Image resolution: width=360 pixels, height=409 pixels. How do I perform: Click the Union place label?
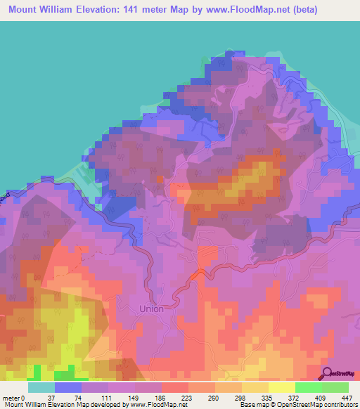pos(151,309)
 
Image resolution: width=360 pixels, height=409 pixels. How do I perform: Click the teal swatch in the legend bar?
pos(41,387)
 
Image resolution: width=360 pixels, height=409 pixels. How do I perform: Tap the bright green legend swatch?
pos(308,387)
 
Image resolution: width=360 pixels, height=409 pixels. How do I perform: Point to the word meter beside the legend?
pos(13,397)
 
